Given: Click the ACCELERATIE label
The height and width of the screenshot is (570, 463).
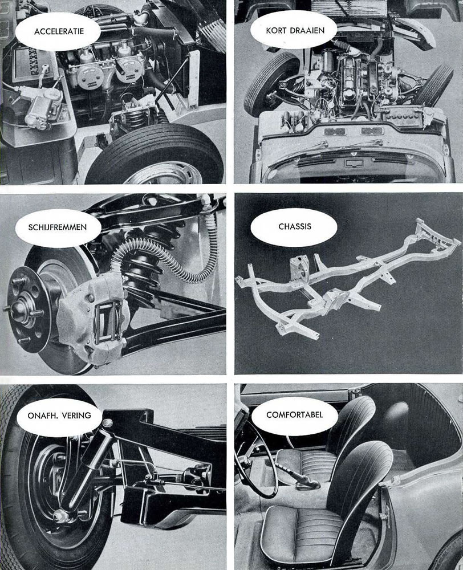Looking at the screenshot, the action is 59,31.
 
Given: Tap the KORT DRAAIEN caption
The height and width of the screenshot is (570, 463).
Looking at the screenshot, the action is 295,31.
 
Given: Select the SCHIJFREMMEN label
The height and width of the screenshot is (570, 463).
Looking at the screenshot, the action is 58,227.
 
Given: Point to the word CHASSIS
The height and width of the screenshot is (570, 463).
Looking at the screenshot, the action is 295,226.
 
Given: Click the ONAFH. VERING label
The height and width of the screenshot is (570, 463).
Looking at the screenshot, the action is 59,415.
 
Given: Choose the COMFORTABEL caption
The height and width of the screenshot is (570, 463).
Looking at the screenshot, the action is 295,414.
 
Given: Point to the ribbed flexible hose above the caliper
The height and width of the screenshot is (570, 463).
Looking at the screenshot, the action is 164,251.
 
